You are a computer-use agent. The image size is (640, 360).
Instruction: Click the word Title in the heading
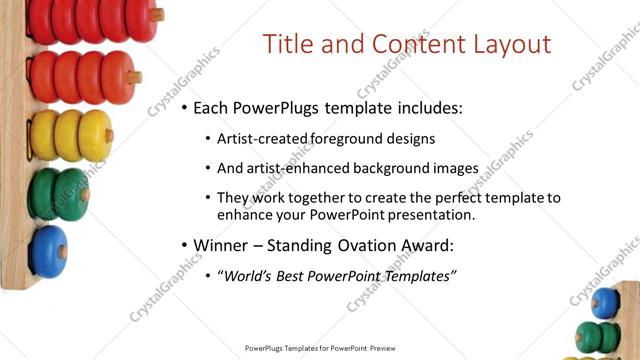click(x=286, y=45)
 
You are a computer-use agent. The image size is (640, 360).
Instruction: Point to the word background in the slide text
click(x=383, y=168)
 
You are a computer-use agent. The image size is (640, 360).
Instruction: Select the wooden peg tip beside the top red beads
click(x=158, y=15)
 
